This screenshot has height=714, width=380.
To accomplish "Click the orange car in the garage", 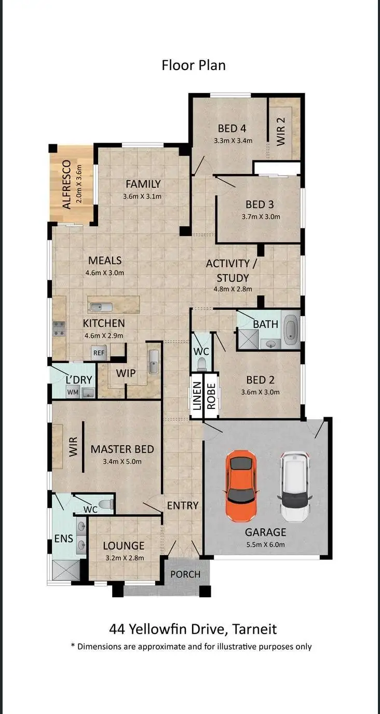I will pyautogui.click(x=241, y=486).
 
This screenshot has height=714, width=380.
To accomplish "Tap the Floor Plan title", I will pyautogui.click(x=194, y=65).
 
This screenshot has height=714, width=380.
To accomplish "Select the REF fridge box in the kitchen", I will pyautogui.click(x=99, y=353).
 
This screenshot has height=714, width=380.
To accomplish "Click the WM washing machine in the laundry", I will pyautogui.click(x=73, y=392).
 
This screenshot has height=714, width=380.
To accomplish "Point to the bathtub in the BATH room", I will pyautogui.click(x=291, y=328).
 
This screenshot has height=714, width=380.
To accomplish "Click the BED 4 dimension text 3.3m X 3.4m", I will pyautogui.click(x=233, y=140).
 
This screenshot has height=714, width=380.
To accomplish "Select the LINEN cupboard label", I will pyautogui.click(x=197, y=396).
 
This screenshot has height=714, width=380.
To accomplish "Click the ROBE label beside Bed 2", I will pyautogui.click(x=211, y=396).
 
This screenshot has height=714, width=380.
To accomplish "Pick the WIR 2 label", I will pyautogui.click(x=281, y=131).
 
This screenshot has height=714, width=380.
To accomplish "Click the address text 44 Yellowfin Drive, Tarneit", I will pyautogui.click(x=193, y=629).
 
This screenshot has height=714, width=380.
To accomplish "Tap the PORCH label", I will pyautogui.click(x=185, y=574).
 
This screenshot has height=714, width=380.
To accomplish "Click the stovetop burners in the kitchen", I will pyautogui.click(x=59, y=328).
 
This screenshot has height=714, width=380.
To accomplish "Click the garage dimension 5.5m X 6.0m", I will pyautogui.click(x=265, y=545).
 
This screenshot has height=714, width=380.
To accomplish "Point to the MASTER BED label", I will pyautogui.click(x=122, y=449).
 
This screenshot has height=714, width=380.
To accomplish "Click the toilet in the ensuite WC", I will pyautogui.click(x=106, y=503).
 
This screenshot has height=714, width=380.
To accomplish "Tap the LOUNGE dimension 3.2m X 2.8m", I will pyautogui.click(x=124, y=558).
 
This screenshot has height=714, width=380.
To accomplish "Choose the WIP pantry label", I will pyautogui.click(x=126, y=373).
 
